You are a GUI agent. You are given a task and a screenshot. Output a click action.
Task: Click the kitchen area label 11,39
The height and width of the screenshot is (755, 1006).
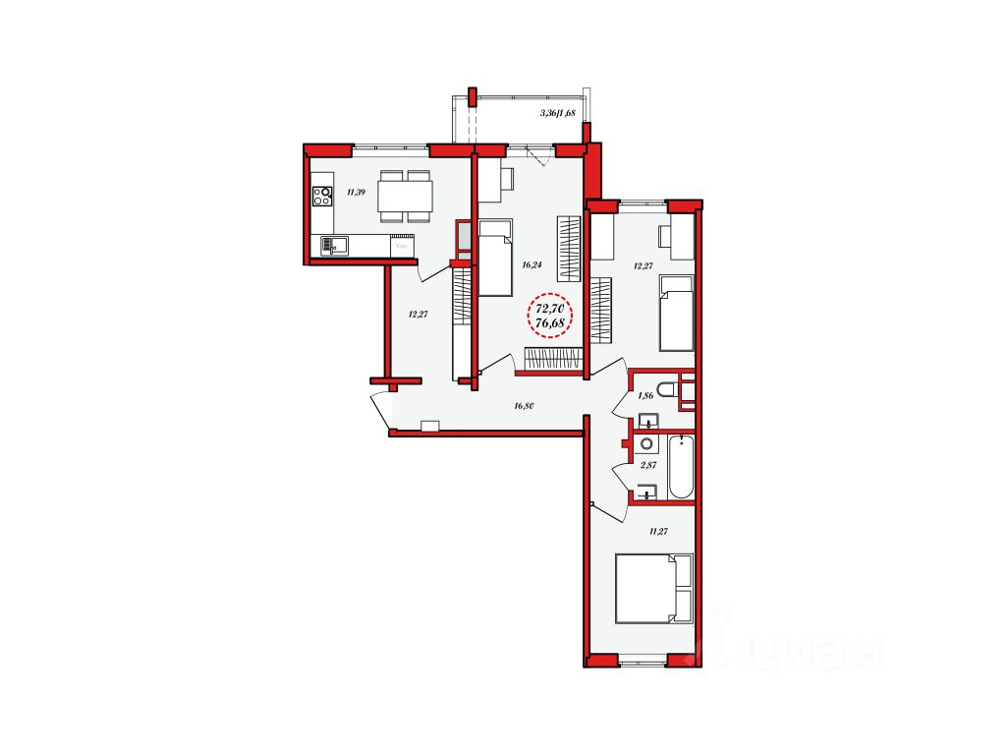tap(356, 192)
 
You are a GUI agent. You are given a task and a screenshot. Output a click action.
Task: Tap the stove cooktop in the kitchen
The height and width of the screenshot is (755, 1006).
tap(322, 196)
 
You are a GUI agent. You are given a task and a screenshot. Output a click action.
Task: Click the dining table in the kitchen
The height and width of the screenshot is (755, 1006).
tap(405, 196)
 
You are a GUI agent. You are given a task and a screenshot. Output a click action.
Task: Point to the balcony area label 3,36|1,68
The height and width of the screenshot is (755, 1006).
tap(558, 113)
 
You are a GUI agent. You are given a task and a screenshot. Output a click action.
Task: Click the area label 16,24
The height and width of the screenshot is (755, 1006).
tap(531, 263)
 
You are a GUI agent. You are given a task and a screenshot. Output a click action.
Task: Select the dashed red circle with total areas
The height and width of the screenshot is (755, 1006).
tap(550, 316)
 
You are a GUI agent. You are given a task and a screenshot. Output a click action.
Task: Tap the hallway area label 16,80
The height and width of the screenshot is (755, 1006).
tap(524, 405)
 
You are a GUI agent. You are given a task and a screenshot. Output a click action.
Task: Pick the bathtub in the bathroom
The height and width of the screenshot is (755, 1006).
tap(681, 467)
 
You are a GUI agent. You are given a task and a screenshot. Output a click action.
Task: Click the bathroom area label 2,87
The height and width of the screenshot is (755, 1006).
tap(647, 465)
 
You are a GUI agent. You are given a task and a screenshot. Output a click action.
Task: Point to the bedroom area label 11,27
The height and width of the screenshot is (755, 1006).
tap(659, 531)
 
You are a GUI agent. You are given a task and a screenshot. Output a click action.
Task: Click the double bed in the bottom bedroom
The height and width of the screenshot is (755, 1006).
tap(654, 589)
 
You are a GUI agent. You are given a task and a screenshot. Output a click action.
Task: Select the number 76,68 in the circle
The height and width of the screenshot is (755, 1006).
tap(550, 323)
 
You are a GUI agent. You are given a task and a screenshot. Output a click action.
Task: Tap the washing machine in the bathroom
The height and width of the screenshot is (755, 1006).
tap(646, 444)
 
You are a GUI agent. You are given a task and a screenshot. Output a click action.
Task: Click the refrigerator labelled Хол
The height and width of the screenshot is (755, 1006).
tap(402, 245)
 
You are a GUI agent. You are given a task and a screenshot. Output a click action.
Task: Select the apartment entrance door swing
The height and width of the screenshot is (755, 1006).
tap(381, 410)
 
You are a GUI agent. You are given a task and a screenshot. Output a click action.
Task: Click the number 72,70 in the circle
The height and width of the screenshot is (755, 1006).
tap(550, 308)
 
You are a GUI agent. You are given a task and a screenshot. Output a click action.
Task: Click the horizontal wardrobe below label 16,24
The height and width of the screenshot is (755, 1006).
tap(553, 358)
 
